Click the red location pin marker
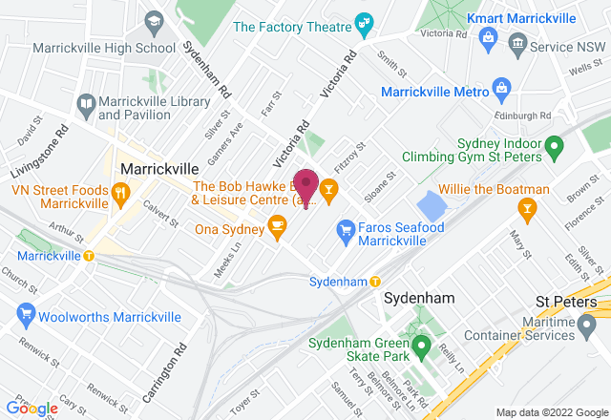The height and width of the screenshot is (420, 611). (306, 181)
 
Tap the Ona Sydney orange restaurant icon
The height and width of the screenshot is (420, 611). (278, 226)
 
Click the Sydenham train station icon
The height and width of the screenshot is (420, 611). (375, 282)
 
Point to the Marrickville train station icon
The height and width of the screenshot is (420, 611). (89, 256)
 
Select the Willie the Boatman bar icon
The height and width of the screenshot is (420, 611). (524, 208)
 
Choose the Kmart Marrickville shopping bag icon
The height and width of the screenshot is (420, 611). (488, 37)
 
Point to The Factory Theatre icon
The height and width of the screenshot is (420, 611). (362, 22)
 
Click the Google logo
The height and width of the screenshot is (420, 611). (32, 409)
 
